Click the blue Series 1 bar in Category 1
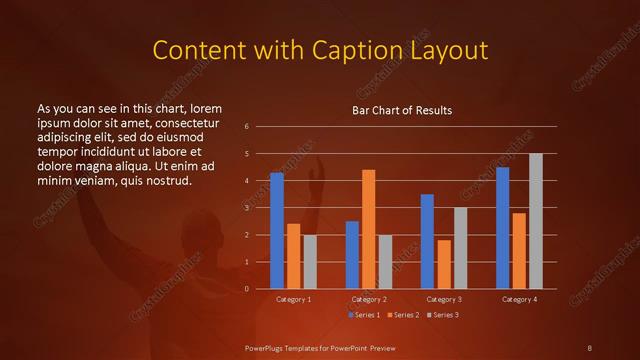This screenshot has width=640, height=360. pos(277,230)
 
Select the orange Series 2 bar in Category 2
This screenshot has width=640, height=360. pos(369,229)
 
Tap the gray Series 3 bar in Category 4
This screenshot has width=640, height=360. pos(535,221)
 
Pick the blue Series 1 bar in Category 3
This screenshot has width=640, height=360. pos(427,241)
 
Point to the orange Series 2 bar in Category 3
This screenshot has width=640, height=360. pos(444,264)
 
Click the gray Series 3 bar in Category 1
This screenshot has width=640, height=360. pos(310,262)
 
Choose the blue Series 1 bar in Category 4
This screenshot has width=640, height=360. pos(502,227)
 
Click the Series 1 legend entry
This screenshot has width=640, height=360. pos(364,315)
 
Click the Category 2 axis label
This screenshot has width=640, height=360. pos(369,299)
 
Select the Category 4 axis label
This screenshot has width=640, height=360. pos(518,299)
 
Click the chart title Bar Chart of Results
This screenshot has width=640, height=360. pos(402,110)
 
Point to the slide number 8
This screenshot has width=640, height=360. pos(590,347)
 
